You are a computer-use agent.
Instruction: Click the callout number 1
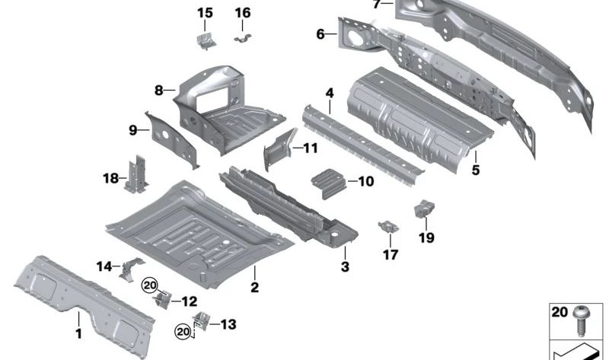(x=77, y=333)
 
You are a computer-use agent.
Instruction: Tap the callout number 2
(x=255, y=287)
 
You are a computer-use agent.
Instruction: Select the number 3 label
(x=345, y=266)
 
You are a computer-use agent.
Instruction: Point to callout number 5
(x=476, y=170)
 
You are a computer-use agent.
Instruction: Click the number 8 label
(x=159, y=91)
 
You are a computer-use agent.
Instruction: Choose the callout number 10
(x=366, y=182)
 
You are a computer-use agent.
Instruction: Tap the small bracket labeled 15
(x=204, y=41)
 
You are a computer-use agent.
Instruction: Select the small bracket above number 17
(x=389, y=228)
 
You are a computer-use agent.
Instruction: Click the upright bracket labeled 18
(x=138, y=175)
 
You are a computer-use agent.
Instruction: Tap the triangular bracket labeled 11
(x=278, y=150)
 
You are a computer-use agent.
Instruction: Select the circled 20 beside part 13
(x=181, y=330)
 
